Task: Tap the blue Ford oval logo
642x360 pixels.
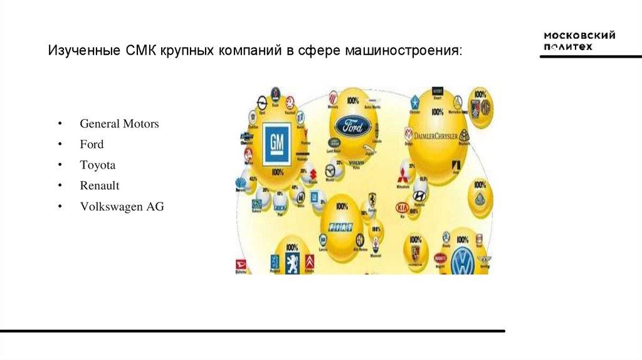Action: (x=352, y=126)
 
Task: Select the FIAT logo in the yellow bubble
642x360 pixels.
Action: (x=341, y=226)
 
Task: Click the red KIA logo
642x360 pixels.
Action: (x=401, y=208)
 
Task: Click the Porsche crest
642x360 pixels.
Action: (x=414, y=253)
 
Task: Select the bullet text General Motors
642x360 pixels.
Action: (x=119, y=124)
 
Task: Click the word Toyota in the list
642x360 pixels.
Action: (x=97, y=165)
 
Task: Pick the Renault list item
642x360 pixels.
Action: (x=99, y=186)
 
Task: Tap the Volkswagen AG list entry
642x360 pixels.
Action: (x=121, y=206)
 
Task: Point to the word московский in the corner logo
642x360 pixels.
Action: (x=579, y=35)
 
